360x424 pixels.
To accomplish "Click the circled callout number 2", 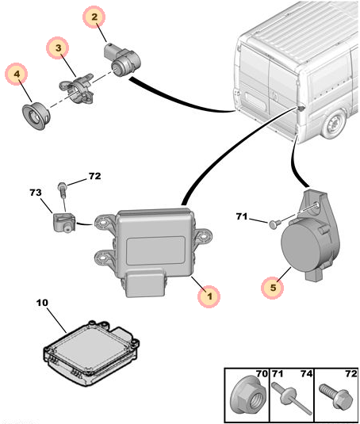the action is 94,17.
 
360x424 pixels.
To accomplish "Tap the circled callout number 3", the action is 58,48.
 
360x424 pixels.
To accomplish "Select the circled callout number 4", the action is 17,74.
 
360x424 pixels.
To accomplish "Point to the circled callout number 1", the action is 209,296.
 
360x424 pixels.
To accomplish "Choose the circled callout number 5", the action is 273,287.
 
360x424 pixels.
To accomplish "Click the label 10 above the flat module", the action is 42,303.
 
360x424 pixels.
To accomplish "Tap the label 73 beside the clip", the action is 36,193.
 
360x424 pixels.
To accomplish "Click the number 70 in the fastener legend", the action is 262,374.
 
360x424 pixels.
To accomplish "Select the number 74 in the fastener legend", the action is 306,374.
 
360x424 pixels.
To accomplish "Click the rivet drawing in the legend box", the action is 292,398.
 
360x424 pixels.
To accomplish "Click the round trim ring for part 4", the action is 36,117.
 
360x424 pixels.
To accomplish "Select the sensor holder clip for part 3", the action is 77,88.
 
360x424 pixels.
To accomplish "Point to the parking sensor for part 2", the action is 122,59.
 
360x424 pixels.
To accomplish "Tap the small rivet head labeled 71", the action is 274,224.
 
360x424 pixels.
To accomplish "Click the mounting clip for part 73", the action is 63,222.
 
